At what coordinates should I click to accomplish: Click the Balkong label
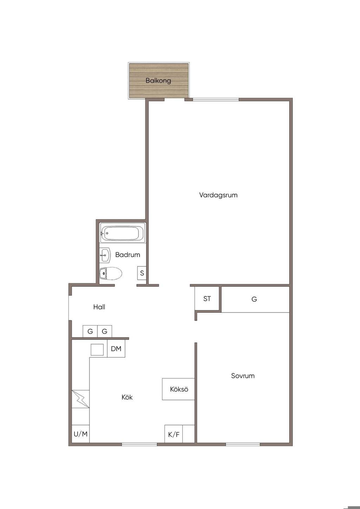click(158, 80)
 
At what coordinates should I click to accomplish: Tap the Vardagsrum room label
click(218, 195)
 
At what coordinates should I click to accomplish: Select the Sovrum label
click(243, 376)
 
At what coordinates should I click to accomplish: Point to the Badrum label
click(128, 254)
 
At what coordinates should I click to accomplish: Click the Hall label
click(99, 307)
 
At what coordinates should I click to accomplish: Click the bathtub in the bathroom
click(123, 233)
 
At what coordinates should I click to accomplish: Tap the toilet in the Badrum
click(111, 273)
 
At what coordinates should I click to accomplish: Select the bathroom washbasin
click(105, 255)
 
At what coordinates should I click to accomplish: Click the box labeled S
click(142, 273)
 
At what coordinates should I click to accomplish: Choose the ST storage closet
click(207, 298)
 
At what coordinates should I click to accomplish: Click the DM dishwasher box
click(116, 349)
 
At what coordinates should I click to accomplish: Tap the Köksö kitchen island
click(178, 389)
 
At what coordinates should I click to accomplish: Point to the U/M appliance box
click(81, 434)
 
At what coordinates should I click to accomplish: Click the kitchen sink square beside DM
click(97, 349)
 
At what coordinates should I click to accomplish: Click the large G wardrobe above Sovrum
click(255, 299)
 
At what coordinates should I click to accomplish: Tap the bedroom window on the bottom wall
click(243, 444)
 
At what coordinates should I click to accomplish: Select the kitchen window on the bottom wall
click(139, 444)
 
